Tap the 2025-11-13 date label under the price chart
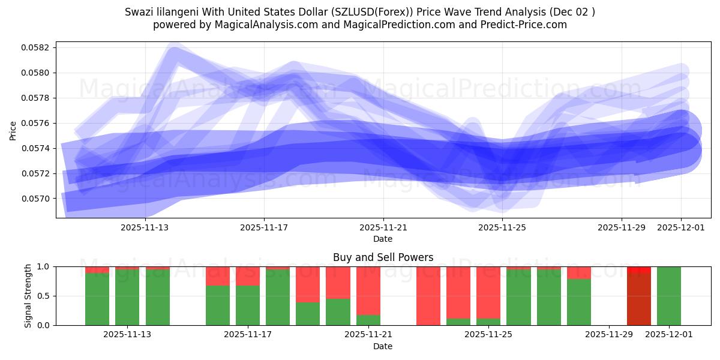(145, 227)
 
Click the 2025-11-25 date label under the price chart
(502, 227)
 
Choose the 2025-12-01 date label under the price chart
(680, 227)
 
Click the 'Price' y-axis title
(13, 130)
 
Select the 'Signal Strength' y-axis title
(28, 296)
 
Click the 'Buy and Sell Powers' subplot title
(383, 257)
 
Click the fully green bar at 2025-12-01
(669, 296)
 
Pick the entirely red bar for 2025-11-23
(428, 296)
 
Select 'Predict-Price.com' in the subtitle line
(527, 25)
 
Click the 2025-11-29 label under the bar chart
(609, 334)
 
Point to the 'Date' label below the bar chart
(383, 346)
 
